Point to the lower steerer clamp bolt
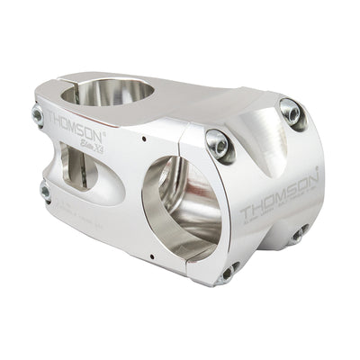(45, 191)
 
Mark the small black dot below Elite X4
(143, 140)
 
